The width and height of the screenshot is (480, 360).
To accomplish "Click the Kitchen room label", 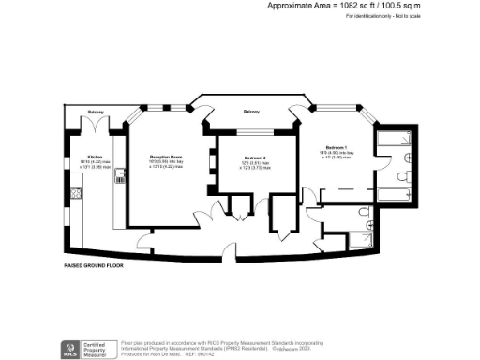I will tap(95, 157).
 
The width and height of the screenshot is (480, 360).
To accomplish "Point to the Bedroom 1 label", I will tap(337, 147).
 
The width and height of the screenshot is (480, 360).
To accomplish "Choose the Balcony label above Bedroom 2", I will tap(251, 112).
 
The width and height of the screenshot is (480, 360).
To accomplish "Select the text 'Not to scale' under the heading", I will tap(405, 16).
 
